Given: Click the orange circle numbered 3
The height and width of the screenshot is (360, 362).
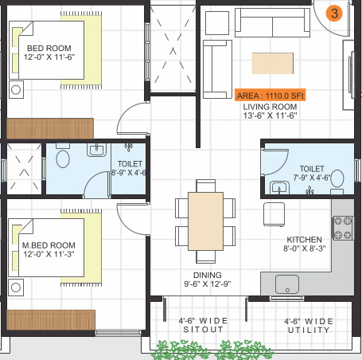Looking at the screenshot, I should (x=335, y=13).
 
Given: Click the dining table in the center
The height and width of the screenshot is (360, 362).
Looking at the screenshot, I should (x=205, y=219).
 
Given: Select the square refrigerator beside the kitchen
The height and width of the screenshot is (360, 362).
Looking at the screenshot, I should (x=275, y=214).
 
